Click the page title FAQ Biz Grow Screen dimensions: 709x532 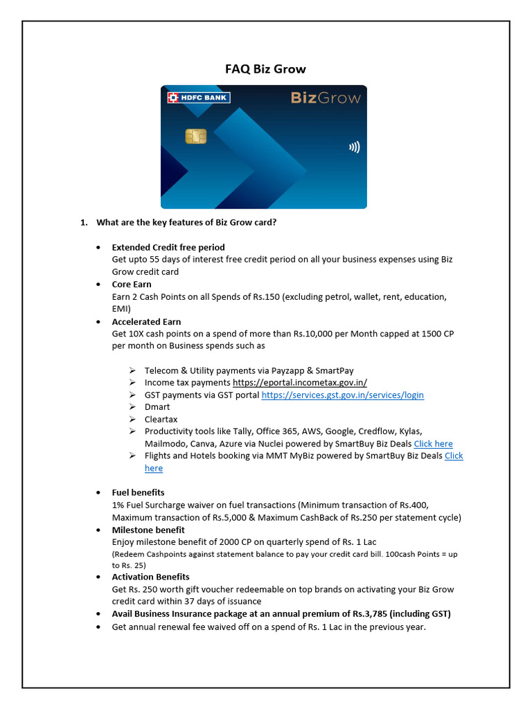point(265,69)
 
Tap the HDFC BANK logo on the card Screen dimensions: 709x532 point(199,98)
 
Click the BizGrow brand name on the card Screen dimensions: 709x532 point(326,98)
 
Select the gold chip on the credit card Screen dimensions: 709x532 point(196,136)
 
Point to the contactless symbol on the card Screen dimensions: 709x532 point(354,147)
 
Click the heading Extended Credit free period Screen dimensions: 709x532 point(168,247)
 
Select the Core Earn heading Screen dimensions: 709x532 point(132,285)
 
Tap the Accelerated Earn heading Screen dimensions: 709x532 point(146,322)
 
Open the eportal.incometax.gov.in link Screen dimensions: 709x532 point(300,383)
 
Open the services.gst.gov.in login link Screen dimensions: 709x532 point(342,395)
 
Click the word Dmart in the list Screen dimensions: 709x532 point(157,407)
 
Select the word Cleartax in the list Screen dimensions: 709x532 point(161,420)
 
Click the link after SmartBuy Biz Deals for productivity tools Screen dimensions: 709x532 point(433,444)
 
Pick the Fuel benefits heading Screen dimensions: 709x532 point(138,493)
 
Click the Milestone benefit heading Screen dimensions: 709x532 point(148,530)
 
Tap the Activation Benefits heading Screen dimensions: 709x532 point(150,577)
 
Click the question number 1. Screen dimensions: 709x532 point(83,222)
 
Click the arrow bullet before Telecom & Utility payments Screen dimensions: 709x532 point(132,370)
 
